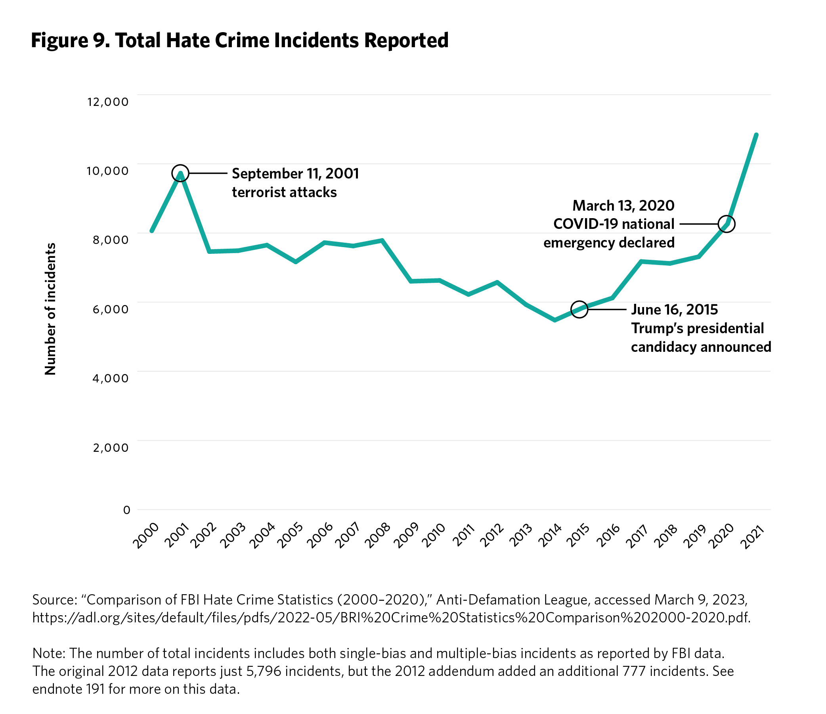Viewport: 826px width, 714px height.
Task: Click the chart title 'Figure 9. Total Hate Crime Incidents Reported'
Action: point(239,41)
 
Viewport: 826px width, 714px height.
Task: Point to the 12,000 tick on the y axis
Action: point(108,102)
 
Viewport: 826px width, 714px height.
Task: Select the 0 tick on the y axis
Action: point(127,510)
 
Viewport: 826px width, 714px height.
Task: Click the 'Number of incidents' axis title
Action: point(50,309)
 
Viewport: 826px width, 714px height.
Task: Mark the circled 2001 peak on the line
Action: point(180,173)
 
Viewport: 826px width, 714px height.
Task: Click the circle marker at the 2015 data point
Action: point(579,309)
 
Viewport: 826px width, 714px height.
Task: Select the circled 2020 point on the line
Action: point(727,224)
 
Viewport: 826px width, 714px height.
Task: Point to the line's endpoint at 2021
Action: point(756,135)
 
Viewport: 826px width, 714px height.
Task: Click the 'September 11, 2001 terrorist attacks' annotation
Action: point(295,183)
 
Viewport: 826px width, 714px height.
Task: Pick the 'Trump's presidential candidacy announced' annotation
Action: point(700,328)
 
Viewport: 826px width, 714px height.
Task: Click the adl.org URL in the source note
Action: point(391,618)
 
